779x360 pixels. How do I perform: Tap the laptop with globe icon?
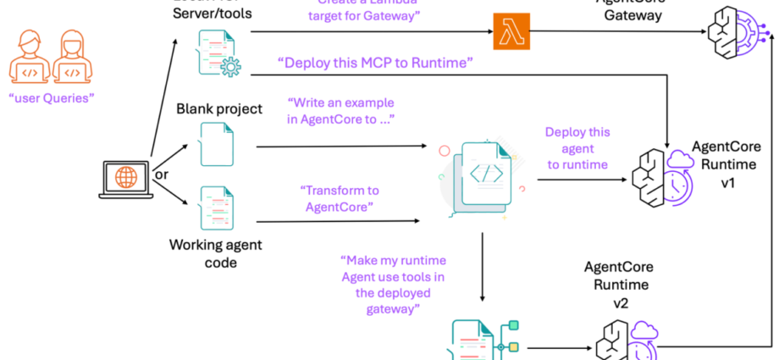125,179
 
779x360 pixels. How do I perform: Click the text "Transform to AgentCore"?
337,197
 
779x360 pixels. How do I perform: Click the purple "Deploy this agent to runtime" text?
577,148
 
